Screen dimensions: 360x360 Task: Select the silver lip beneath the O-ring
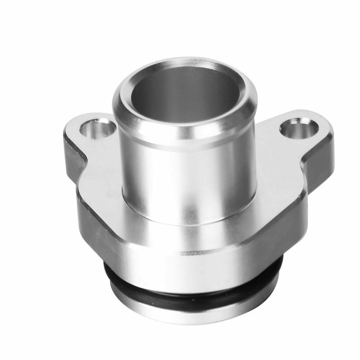tap(193, 310)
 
